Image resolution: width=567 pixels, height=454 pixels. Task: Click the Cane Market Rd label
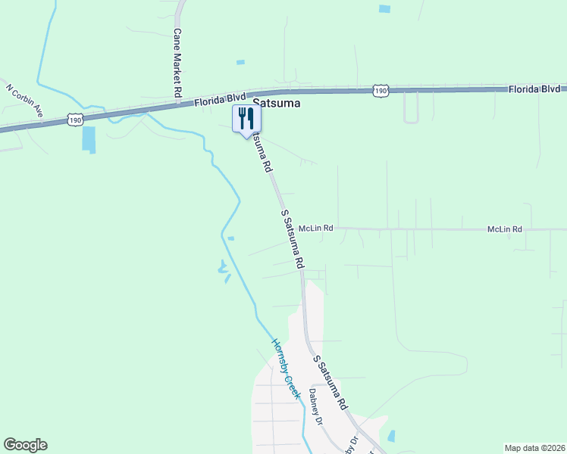[177, 63]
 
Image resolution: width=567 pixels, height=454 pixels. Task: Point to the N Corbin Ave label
[24, 100]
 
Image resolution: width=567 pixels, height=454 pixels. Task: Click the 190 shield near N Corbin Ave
[74, 120]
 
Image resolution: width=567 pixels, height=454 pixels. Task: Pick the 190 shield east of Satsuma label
[381, 91]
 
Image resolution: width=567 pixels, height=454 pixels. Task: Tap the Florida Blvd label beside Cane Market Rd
[220, 98]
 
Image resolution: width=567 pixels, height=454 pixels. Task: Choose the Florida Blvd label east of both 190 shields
[534, 89]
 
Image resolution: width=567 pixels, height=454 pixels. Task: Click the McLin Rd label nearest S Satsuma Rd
[316, 228]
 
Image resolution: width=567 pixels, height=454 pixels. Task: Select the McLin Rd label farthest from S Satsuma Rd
[505, 229]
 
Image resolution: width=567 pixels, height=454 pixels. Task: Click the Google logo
[25, 445]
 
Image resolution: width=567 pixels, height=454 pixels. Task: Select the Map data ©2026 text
[534, 448]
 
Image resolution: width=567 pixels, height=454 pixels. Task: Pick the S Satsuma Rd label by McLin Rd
[293, 240]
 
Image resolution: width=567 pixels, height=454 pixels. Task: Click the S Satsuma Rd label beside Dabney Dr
[330, 383]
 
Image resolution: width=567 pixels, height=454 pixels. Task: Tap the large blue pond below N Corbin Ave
[89, 139]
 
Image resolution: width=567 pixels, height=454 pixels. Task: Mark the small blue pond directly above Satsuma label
[240, 62]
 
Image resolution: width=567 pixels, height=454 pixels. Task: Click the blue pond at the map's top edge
[384, 9]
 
